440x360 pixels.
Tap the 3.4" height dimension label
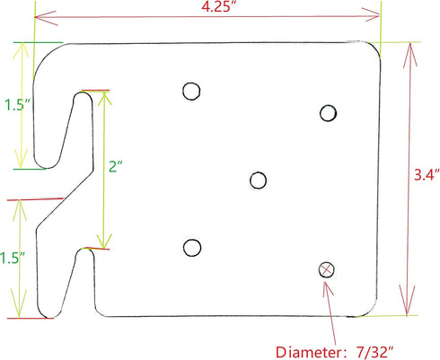coord(427,175)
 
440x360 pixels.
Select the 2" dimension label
coord(116,166)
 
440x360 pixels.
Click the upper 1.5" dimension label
coord(18,105)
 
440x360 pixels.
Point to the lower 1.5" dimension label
coord(13,258)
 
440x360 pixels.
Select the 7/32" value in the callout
coord(375,353)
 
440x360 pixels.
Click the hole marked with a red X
coord(326,269)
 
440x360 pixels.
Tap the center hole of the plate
coord(258,180)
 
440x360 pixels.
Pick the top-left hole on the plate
coord(191,91)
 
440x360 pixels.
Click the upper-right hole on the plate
coord(328,113)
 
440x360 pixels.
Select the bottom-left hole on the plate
coord(192,248)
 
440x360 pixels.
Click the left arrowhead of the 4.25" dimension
coord(46,18)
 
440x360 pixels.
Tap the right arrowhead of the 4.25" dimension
coord(371,14)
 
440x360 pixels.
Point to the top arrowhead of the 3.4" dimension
coord(410,54)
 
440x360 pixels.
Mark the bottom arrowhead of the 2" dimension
coord(104,241)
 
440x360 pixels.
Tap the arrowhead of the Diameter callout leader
coord(328,288)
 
